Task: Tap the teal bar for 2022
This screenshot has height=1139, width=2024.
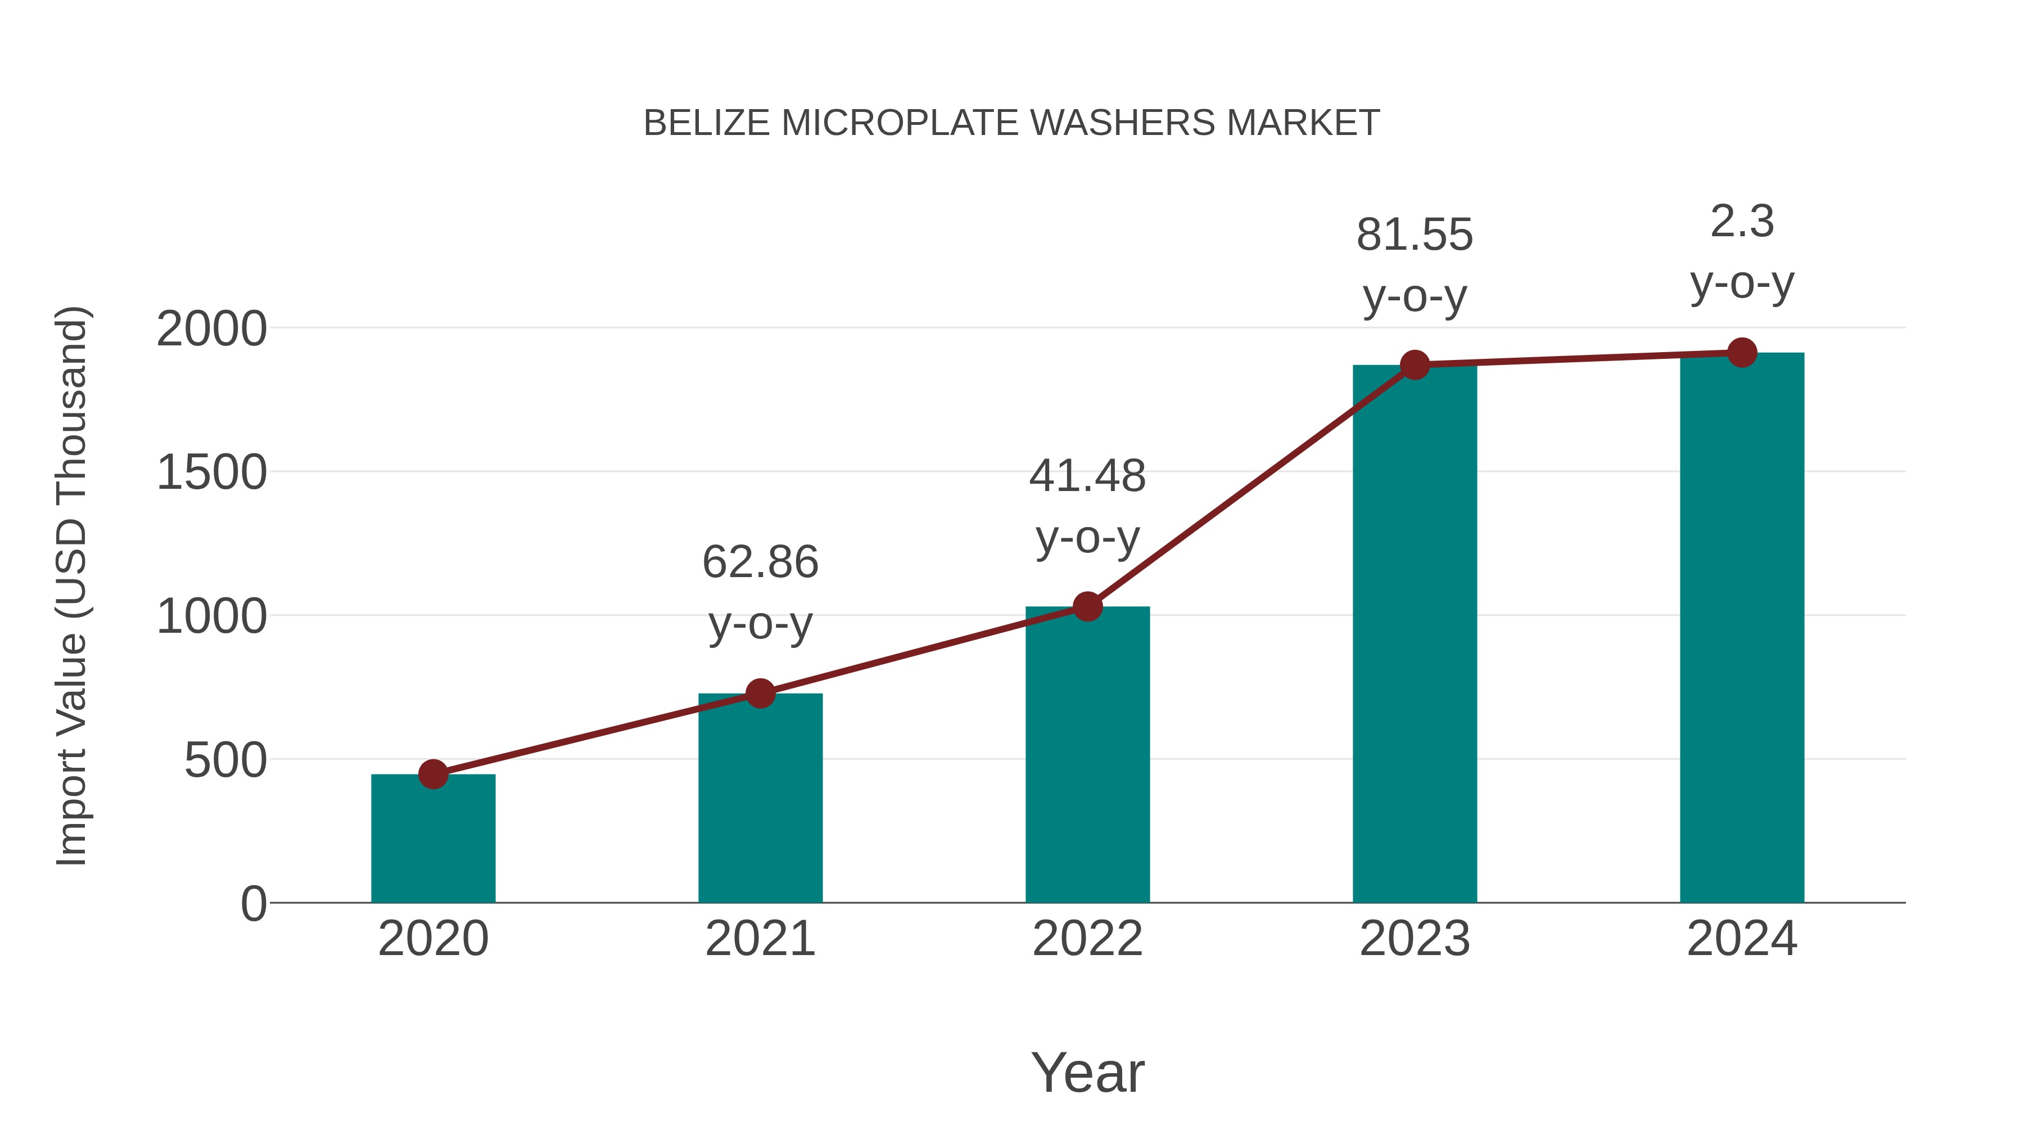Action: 1087,755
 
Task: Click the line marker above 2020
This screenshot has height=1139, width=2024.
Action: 433,775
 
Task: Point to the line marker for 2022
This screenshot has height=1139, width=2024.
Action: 1087,607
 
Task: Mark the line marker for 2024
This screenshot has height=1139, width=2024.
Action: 1742,353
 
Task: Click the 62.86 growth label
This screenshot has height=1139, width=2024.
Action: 760,563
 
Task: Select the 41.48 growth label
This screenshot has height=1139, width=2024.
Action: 1087,476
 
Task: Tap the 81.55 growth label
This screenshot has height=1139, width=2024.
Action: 1415,235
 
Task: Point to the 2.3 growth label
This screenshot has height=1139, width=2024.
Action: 1742,222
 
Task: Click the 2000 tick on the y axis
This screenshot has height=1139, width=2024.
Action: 211,330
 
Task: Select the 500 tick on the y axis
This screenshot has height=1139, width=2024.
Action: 225,761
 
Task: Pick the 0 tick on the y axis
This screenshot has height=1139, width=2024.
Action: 253,904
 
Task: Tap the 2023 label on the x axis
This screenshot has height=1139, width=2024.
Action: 1415,939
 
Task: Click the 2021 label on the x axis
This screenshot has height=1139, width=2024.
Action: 760,939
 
